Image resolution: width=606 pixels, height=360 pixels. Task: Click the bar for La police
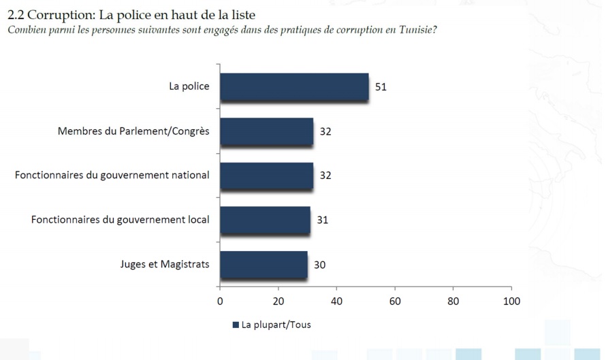click(294, 87)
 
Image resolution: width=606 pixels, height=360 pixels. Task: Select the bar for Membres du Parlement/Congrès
click(266, 131)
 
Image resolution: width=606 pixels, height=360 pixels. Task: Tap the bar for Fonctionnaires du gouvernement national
click(266, 176)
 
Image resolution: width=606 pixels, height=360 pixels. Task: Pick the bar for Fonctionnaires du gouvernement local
click(265, 220)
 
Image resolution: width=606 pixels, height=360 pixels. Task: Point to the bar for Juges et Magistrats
click(264, 264)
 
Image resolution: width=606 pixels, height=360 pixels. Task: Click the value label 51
click(381, 87)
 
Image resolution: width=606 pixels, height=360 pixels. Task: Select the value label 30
click(319, 264)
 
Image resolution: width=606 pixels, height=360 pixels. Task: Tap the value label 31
click(322, 220)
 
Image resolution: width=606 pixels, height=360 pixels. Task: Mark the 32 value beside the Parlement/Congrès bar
click(325, 131)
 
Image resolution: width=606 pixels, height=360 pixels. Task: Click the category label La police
click(189, 86)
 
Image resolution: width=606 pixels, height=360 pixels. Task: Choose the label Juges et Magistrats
click(164, 263)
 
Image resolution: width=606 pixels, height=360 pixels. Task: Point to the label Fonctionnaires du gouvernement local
click(121, 219)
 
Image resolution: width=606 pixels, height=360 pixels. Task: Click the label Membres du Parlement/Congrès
click(133, 131)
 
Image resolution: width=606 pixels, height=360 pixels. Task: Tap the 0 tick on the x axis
click(220, 301)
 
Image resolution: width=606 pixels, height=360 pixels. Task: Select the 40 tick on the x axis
click(336, 301)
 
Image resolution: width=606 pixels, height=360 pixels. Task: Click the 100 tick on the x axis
click(511, 301)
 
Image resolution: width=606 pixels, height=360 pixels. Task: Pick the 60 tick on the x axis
click(394, 301)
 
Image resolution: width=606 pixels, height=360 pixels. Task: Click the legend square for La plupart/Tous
click(236, 325)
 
